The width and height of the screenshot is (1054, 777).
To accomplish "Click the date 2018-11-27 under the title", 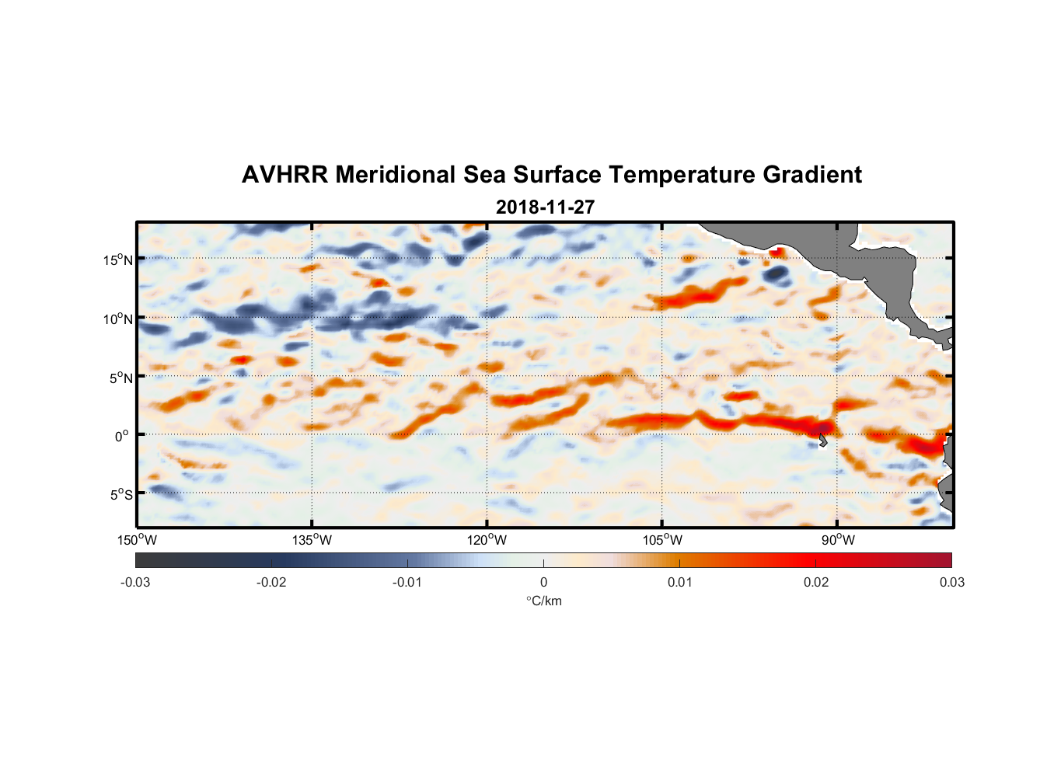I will click(545, 207).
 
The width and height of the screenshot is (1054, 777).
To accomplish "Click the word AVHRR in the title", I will click(284, 175).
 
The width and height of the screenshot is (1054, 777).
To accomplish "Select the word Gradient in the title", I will click(811, 175).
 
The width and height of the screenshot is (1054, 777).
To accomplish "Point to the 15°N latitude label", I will click(118, 260).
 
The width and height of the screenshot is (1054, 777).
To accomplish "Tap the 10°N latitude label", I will click(118, 319).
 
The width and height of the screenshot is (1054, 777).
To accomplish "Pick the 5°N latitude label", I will click(120, 378).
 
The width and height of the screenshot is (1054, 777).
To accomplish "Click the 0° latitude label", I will click(122, 436).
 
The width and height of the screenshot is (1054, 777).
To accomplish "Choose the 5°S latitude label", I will click(120, 495).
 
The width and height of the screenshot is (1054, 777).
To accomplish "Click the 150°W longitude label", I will click(138, 540).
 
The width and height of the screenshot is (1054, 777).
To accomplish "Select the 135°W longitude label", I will click(312, 540).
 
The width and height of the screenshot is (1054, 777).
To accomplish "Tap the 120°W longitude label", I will click(487, 540).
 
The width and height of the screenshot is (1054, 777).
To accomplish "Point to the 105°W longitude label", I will click(662, 540).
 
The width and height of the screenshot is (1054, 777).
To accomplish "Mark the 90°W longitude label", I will click(838, 540).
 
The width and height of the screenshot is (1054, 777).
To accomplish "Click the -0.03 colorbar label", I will click(135, 582).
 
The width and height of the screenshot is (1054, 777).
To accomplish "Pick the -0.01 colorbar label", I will click(407, 582).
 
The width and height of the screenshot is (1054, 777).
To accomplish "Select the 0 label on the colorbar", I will click(543, 582).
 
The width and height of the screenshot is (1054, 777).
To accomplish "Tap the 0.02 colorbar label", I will click(816, 582).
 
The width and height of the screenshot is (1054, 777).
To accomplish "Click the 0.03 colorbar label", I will click(951, 582).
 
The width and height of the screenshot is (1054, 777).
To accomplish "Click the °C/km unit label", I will click(543, 601).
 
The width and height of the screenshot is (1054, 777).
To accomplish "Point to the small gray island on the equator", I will click(822, 441).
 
